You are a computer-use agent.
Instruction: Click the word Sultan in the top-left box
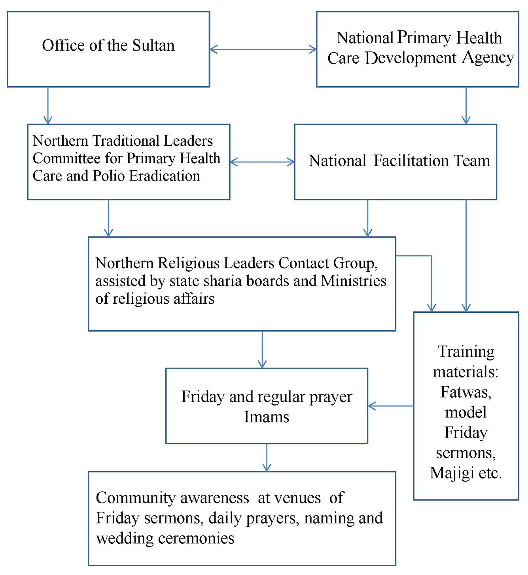153,46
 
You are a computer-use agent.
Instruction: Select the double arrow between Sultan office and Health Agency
263,50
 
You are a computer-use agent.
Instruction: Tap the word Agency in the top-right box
488,58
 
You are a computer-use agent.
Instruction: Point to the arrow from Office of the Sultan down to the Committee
48,105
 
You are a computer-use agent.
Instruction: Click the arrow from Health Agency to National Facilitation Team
466,105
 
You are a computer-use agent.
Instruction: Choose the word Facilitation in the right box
411,161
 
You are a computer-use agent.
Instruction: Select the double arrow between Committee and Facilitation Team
262,162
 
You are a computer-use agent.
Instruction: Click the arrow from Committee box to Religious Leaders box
108,218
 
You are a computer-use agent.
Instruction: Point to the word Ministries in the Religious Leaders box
353,281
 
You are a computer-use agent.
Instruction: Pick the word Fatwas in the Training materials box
466,392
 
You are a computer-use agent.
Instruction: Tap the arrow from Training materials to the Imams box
391,406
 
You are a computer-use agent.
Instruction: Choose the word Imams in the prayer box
267,417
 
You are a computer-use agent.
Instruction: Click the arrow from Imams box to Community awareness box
267,457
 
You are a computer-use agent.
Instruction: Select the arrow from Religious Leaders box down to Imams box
262,349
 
